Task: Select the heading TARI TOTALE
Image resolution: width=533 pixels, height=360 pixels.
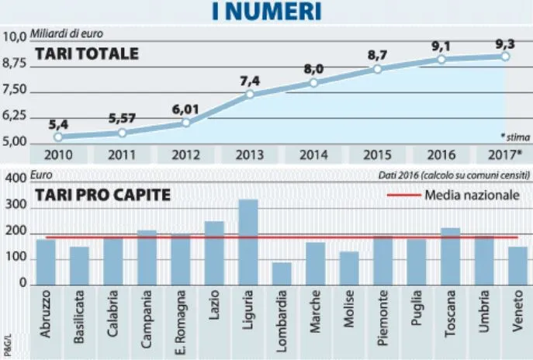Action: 86,54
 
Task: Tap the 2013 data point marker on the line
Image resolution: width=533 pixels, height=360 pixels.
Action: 250,95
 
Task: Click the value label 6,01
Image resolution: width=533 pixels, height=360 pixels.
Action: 185,109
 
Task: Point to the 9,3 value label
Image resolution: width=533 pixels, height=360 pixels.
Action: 505,43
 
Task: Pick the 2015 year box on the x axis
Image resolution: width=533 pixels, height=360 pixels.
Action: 376,154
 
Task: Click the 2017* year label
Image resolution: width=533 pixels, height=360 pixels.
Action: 504,154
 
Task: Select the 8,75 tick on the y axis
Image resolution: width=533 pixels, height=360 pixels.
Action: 15,67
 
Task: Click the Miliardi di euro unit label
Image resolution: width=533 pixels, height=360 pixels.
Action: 66,34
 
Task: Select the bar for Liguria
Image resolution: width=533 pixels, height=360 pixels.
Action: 247,242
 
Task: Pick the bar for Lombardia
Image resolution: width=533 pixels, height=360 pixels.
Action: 282,273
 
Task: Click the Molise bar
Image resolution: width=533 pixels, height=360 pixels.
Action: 349,268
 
